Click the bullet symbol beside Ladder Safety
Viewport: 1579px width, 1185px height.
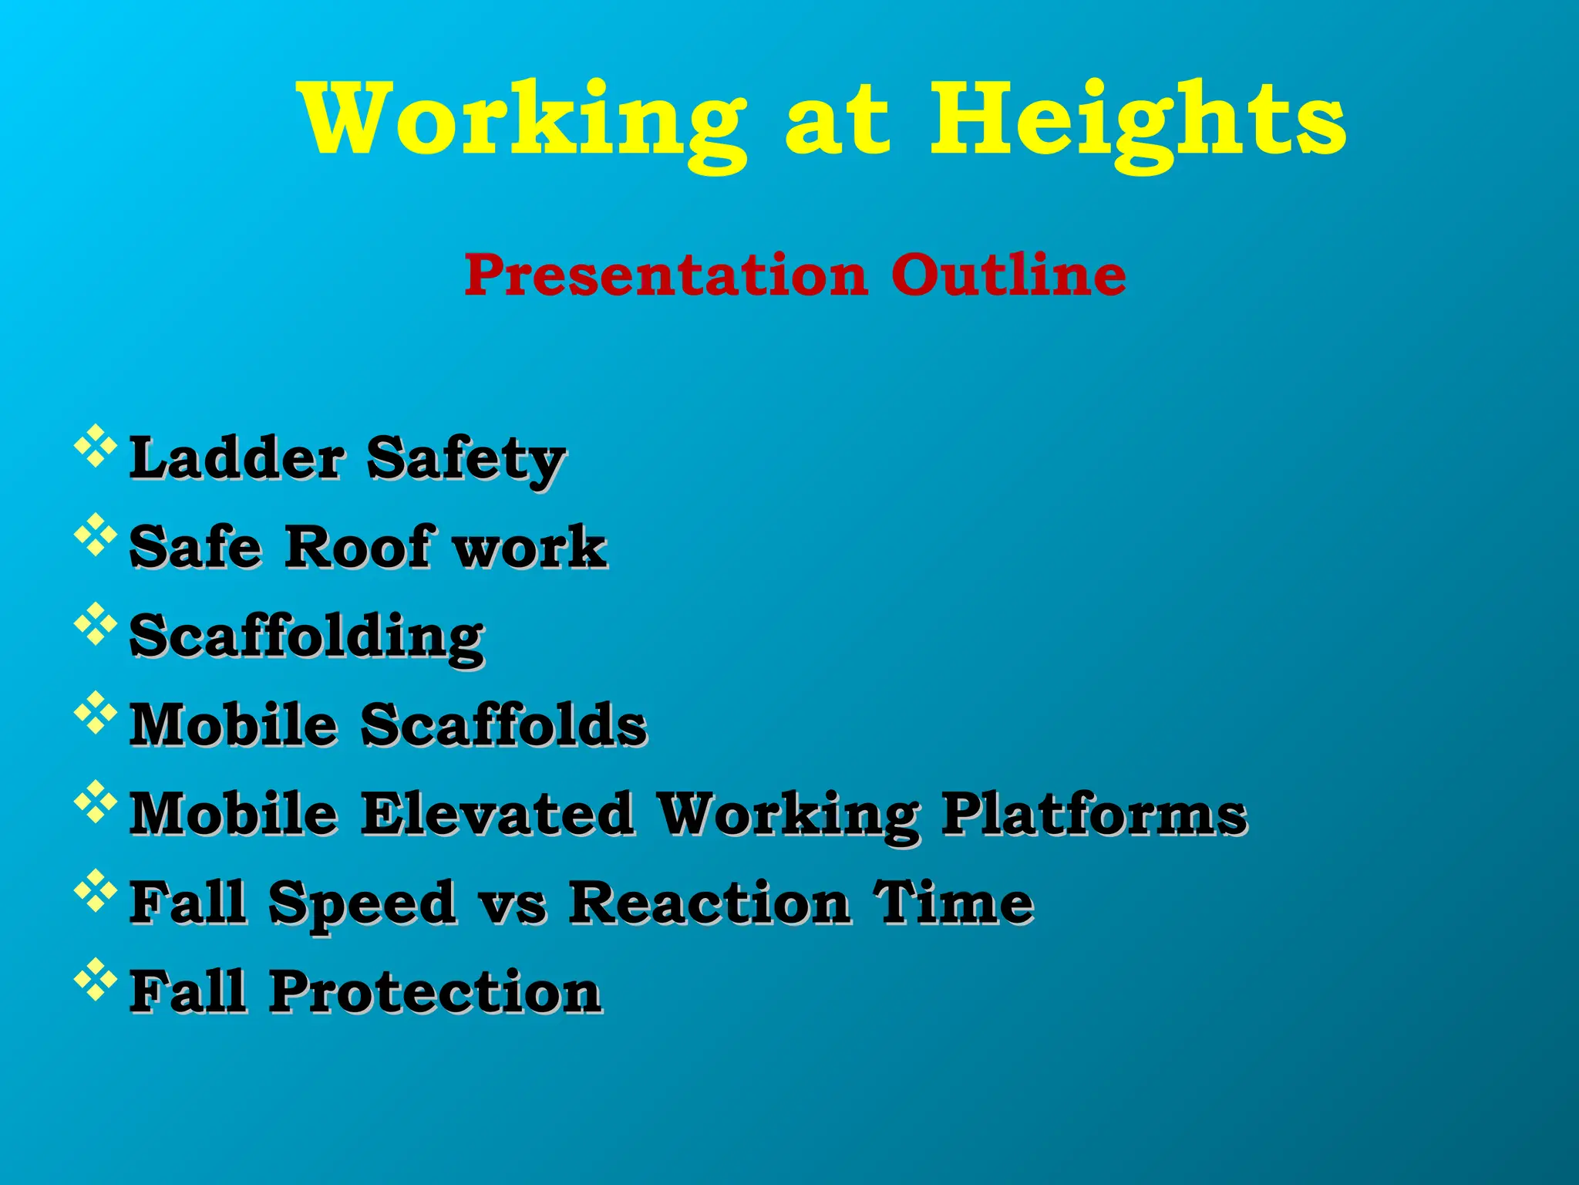tap(95, 446)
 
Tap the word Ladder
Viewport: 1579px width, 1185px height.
tap(236, 458)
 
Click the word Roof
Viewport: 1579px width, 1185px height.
tap(358, 547)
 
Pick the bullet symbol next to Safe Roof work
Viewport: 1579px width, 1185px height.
tap(95, 535)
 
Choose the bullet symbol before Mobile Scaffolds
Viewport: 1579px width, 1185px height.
tap(95, 712)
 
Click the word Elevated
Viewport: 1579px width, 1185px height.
tap(497, 813)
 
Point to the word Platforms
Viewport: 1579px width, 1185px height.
tap(1094, 813)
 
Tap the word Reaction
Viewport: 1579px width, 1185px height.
tap(709, 902)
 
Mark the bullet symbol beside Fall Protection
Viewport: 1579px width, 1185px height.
tap(95, 980)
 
